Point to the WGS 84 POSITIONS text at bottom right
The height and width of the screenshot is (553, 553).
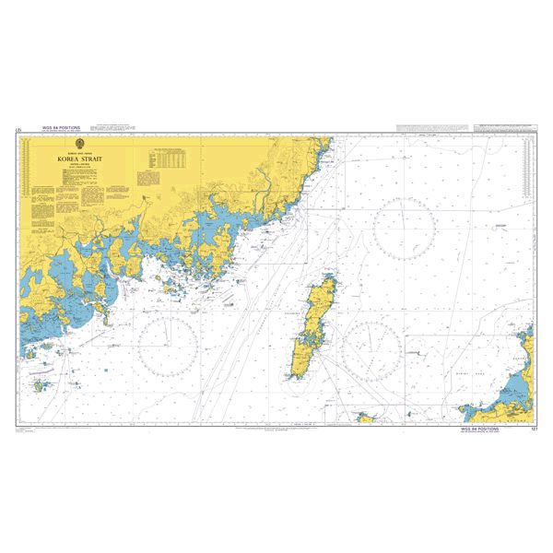(x=480, y=429)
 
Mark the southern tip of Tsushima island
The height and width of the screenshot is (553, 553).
(x=296, y=376)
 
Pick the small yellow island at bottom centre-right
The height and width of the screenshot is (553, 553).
(x=367, y=418)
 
